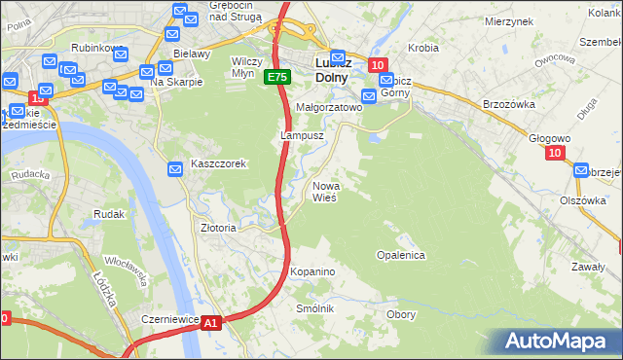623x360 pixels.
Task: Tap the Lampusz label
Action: tap(302, 136)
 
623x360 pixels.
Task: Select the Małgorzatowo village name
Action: tap(328, 108)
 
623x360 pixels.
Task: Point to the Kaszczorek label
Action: tap(218, 164)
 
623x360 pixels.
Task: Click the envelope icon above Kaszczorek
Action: tap(175, 170)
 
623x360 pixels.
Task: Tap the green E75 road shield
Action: tap(276, 78)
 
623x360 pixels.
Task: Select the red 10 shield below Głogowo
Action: tap(555, 153)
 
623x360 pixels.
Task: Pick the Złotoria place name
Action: tap(218, 228)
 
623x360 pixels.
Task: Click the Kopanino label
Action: tap(312, 271)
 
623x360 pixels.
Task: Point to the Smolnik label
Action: tap(315, 308)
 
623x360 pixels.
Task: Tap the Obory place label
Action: tap(401, 314)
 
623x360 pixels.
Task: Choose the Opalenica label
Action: tap(400, 255)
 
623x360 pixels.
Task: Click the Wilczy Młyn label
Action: tap(247, 67)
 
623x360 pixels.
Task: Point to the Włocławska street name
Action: tap(126, 271)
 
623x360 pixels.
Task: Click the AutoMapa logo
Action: tap(556, 341)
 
